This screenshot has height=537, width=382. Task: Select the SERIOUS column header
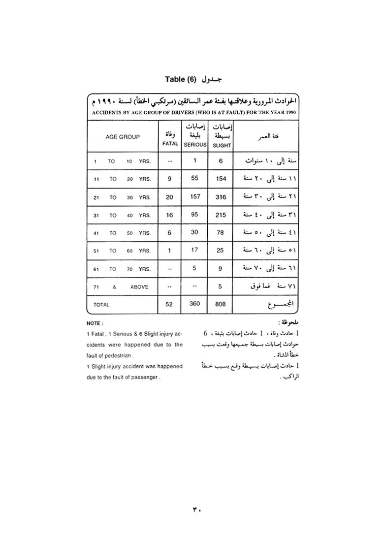195,145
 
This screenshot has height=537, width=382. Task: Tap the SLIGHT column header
222,145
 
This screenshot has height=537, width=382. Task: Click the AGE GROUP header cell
123,137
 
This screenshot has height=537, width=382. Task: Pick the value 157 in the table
195,196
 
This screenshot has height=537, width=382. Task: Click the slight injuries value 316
222,197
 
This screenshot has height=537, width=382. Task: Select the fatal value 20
169,197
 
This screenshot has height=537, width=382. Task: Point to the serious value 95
195,215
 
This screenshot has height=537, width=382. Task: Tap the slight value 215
222,215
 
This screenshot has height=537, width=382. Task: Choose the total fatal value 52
169,304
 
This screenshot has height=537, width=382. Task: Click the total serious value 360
195,304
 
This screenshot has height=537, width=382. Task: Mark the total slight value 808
221,304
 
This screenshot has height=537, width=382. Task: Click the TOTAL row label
101,305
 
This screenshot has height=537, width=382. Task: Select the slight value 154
222,179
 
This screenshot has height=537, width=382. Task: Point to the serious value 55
195,179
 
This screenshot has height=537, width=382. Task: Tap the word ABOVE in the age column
139,286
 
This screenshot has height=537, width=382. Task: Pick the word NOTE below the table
94,323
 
